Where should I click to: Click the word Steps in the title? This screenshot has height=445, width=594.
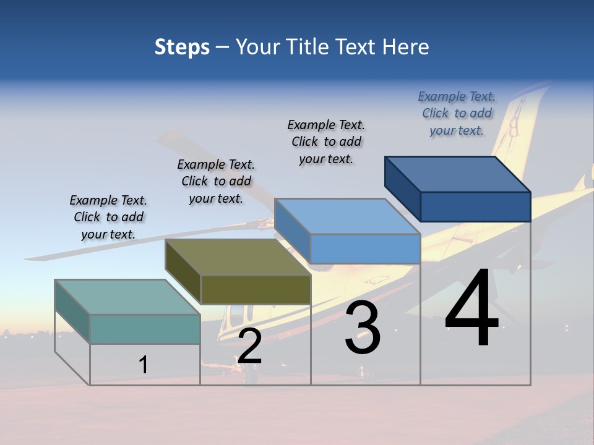(x=182, y=47)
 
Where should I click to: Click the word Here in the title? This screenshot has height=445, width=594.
(x=405, y=47)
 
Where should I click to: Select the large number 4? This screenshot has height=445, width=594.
(x=471, y=309)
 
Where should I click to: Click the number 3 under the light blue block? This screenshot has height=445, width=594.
(x=363, y=328)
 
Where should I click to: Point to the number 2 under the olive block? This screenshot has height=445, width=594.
(x=249, y=346)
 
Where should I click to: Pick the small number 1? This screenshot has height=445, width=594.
(x=144, y=365)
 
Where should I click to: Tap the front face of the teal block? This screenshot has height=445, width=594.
(x=145, y=329)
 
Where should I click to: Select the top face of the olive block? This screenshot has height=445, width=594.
(x=238, y=257)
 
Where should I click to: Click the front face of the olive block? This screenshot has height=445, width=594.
(x=256, y=289)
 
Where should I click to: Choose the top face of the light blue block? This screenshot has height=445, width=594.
(x=347, y=216)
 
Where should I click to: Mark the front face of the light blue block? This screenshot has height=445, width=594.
(x=365, y=248)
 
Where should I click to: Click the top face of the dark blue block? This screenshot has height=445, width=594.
(x=457, y=174)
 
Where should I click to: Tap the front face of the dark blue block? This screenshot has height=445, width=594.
(x=475, y=206)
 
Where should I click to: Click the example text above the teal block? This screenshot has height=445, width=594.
(x=108, y=217)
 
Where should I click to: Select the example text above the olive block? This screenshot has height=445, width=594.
(x=216, y=181)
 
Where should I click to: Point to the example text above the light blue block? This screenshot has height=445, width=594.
(x=326, y=142)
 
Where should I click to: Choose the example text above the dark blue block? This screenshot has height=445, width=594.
(x=457, y=113)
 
